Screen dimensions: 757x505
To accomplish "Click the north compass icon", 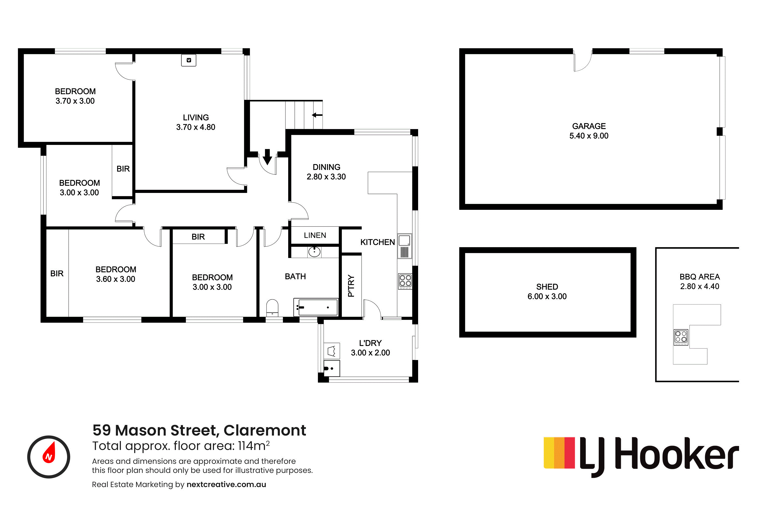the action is click(x=49, y=457).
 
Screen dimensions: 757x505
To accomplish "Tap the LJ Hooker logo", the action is click(x=641, y=457).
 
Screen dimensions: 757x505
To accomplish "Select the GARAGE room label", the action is click(x=589, y=126).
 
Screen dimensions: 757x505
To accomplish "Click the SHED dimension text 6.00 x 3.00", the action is click(x=547, y=296).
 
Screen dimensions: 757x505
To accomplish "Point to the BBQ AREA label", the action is click(x=699, y=277).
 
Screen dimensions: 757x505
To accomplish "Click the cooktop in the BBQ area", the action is click(x=681, y=337).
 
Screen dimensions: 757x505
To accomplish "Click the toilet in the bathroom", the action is click(x=272, y=308).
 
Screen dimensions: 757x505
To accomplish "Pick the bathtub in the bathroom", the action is click(x=316, y=307).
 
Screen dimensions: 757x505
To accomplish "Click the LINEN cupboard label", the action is click(x=315, y=235).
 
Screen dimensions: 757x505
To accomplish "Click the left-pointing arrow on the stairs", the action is click(x=317, y=115).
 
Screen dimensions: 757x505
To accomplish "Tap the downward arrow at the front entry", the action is click(x=267, y=157).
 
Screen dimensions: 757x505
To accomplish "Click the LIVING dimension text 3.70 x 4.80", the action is click(x=196, y=127).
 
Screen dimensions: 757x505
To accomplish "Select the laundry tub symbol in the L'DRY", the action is click(x=332, y=351).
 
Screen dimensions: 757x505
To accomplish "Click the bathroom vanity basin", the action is click(x=314, y=251).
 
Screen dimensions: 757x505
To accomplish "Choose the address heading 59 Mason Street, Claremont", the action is click(x=199, y=430).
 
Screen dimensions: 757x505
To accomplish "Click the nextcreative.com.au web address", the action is click(x=226, y=484).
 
